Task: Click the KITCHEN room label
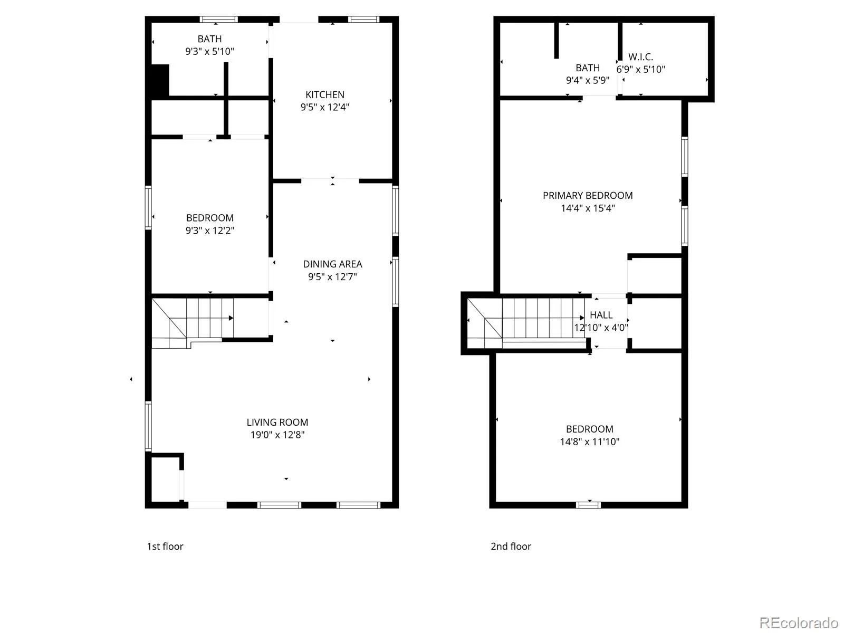324,94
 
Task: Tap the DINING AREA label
332,264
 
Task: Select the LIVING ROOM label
277,423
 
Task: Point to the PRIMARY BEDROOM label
588,196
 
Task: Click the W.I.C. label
640,57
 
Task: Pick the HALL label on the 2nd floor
601,315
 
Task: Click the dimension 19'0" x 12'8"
277,435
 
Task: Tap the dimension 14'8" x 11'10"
589,442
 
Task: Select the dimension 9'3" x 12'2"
210,230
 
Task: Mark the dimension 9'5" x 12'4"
324,107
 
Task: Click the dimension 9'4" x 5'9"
588,80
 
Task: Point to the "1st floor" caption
165,546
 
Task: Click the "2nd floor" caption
511,546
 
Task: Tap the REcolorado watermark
799,622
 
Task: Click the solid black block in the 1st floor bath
160,80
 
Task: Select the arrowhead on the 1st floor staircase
231,318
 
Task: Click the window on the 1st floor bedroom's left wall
148,207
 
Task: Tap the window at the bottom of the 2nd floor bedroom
588,505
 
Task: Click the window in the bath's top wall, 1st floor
219,19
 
